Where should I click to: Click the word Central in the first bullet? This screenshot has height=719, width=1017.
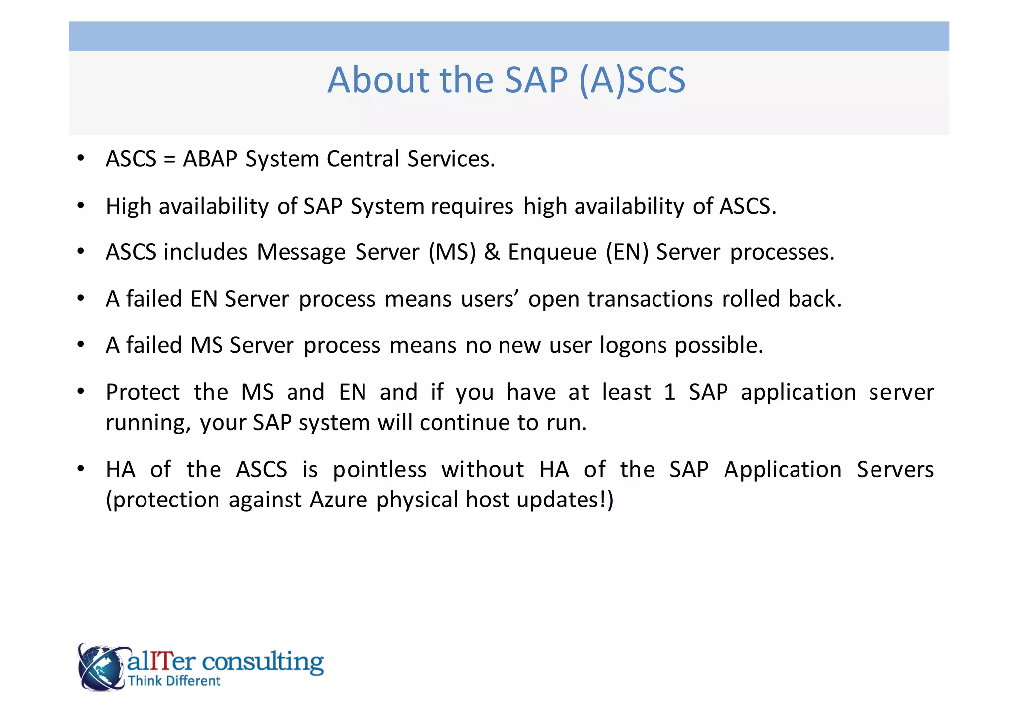(x=363, y=159)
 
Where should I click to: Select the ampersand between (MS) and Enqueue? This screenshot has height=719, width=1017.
(x=492, y=252)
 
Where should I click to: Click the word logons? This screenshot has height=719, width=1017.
(x=633, y=346)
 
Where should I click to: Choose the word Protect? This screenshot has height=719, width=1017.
(x=143, y=392)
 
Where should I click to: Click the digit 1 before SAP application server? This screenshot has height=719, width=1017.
(x=670, y=392)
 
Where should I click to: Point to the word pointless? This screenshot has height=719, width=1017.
(x=379, y=470)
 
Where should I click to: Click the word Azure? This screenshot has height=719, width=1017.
(x=338, y=500)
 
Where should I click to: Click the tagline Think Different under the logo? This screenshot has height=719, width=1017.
(x=174, y=681)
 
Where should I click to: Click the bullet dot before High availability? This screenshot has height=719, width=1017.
(x=81, y=206)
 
